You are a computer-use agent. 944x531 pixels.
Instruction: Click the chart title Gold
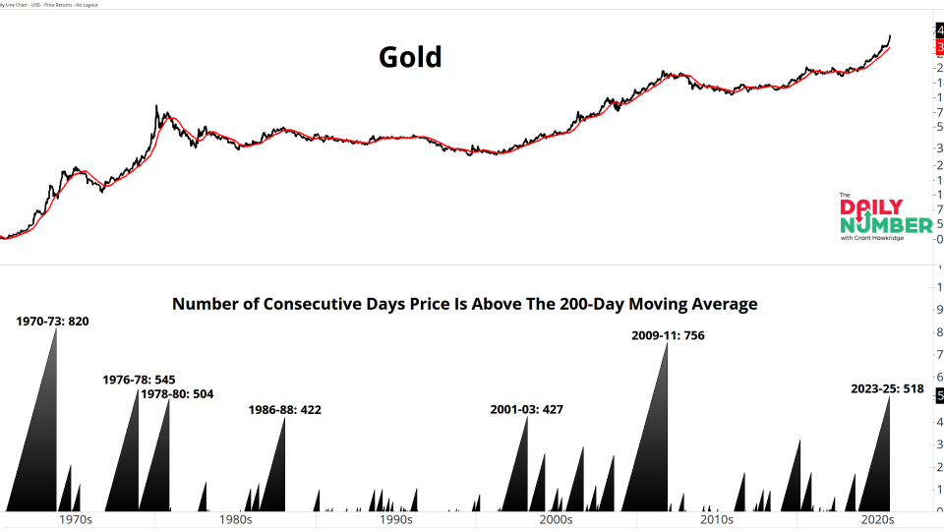pyautogui.click(x=410, y=57)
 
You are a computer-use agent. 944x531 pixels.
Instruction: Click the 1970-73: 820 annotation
pyautogui.click(x=52, y=321)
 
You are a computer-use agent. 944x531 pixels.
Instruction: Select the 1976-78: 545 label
pyautogui.click(x=139, y=380)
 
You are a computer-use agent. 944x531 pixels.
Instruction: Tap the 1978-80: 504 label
pyautogui.click(x=177, y=394)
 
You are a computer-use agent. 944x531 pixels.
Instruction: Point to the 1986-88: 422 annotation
pyautogui.click(x=285, y=409)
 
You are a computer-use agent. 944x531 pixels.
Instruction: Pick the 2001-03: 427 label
pyautogui.click(x=526, y=409)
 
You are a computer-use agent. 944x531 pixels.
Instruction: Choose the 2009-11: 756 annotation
pyautogui.click(x=668, y=335)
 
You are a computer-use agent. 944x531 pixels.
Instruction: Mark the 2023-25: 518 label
pyautogui.click(x=887, y=388)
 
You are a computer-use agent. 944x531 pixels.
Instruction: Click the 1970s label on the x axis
pyautogui.click(x=76, y=520)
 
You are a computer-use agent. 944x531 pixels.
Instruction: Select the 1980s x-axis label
pyautogui.click(x=236, y=520)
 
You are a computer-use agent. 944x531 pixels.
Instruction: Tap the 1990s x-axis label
pyautogui.click(x=395, y=520)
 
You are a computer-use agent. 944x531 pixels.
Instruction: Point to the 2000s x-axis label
pyautogui.click(x=556, y=520)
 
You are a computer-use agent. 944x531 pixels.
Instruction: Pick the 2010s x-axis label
pyautogui.click(x=716, y=520)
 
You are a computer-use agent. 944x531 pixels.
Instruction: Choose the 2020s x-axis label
pyautogui.click(x=875, y=520)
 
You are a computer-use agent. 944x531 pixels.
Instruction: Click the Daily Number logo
pyautogui.click(x=885, y=217)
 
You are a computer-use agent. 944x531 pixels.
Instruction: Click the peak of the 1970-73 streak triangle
pyautogui.click(x=56, y=329)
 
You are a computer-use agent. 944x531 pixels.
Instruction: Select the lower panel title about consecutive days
pyautogui.click(x=464, y=304)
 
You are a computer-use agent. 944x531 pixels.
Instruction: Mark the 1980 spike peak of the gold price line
pyautogui.click(x=157, y=106)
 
